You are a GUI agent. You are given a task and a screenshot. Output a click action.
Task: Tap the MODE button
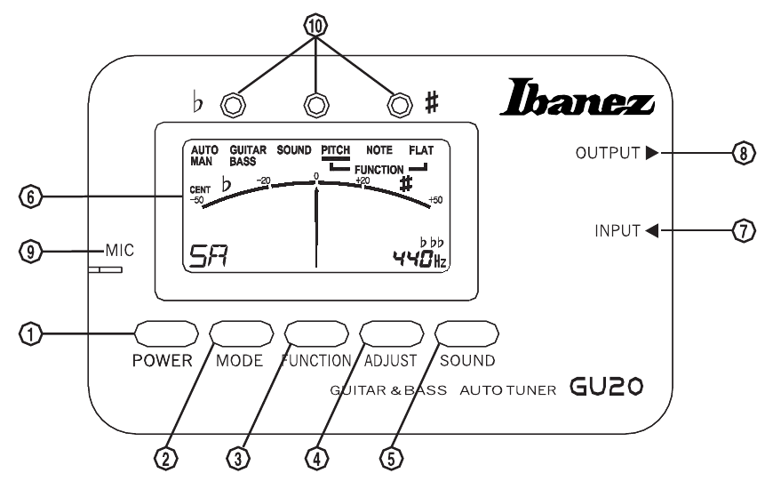pyautogui.click(x=240, y=334)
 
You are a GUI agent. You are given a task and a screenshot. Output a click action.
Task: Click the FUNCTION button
pyautogui.click(x=315, y=334)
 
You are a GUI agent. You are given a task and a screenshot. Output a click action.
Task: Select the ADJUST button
pyautogui.click(x=391, y=334)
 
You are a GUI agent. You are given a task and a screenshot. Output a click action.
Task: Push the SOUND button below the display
pyautogui.click(x=466, y=334)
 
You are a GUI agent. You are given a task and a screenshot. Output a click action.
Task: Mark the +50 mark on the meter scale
pyautogui.click(x=435, y=199)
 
